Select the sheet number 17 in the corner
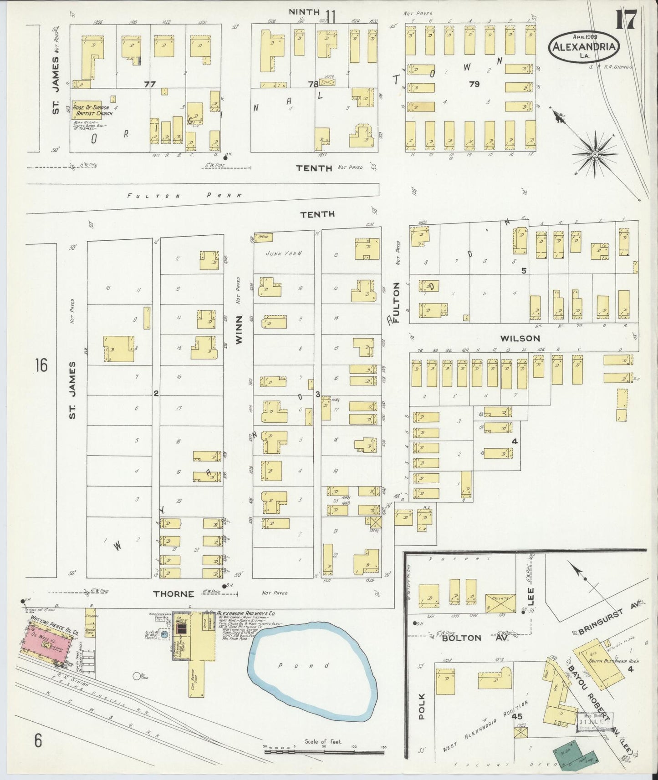pyautogui.click(x=627, y=21)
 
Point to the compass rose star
pyautogui.click(x=594, y=155)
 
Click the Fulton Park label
pyautogui.click(x=184, y=195)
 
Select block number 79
pyautogui.click(x=474, y=84)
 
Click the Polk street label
pyautogui.click(x=421, y=706)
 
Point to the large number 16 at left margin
pyautogui.click(x=41, y=365)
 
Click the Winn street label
pyautogui.click(x=239, y=329)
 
